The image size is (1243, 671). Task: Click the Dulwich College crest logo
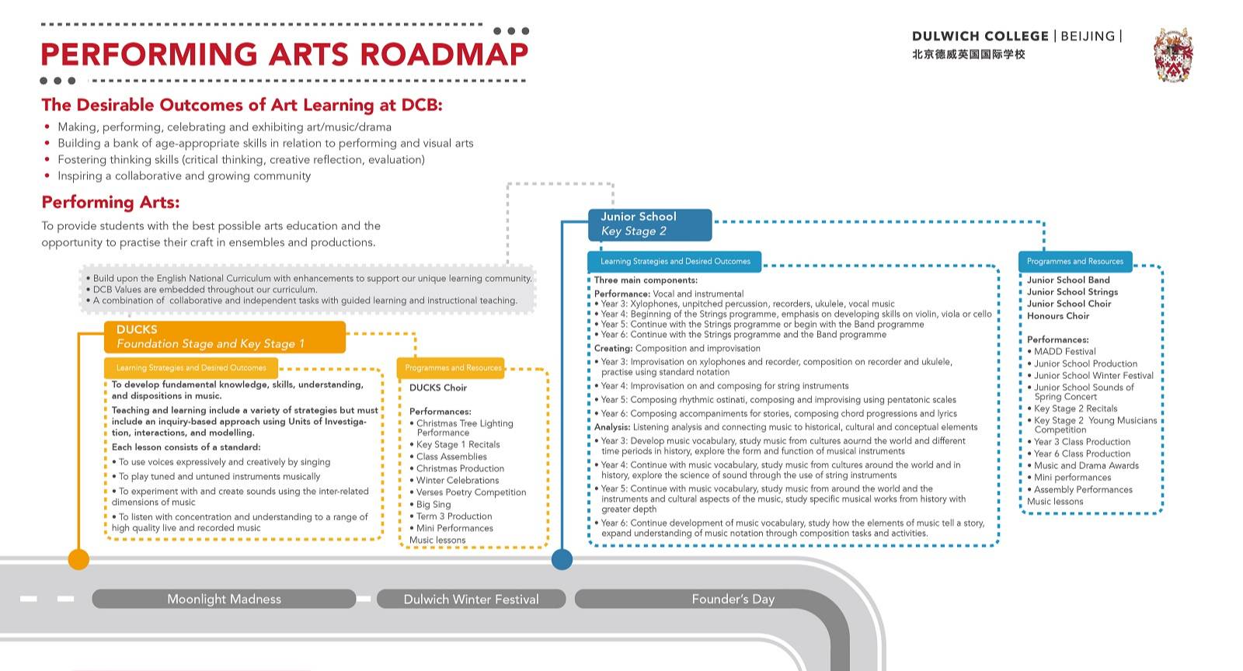click(x=1173, y=54)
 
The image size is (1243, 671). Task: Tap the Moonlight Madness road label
click(x=224, y=599)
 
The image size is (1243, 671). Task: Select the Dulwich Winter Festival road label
click(x=471, y=599)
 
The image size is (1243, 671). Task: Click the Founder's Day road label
click(x=733, y=599)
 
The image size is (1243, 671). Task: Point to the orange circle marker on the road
click(x=78, y=559)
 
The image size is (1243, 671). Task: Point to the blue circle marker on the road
click(x=562, y=559)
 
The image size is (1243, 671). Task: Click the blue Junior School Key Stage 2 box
click(x=649, y=224)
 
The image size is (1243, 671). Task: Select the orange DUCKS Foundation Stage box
click(x=225, y=336)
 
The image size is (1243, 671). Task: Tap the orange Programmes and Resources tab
click(x=451, y=367)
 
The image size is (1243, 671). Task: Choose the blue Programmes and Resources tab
click(x=1075, y=261)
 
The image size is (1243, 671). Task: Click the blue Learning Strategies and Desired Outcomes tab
click(x=675, y=261)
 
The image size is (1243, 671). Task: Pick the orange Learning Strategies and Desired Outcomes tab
click(x=191, y=367)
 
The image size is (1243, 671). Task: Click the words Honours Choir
click(x=1058, y=316)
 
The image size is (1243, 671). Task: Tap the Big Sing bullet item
click(x=430, y=505)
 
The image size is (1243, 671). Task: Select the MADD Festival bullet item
click(x=1061, y=352)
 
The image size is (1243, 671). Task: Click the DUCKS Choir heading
click(x=438, y=388)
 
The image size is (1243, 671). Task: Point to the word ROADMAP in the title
click(x=444, y=54)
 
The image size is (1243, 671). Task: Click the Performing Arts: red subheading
click(x=110, y=203)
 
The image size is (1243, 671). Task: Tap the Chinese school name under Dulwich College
click(x=968, y=54)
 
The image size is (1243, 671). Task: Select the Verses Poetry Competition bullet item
click(x=468, y=492)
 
